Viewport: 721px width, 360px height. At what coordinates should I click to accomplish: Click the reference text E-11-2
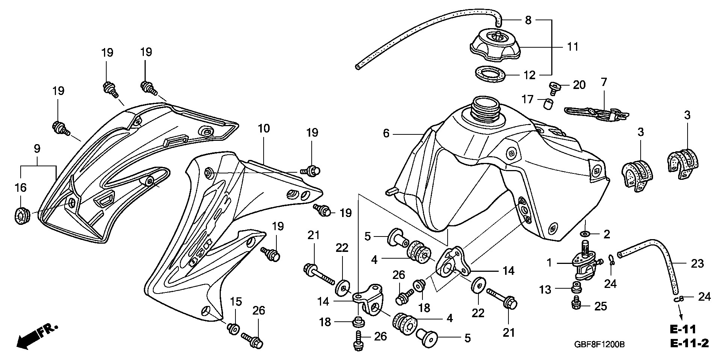(x=689, y=343)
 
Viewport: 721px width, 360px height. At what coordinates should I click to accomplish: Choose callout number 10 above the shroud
(x=264, y=129)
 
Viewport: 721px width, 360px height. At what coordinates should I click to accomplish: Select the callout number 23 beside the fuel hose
(x=697, y=264)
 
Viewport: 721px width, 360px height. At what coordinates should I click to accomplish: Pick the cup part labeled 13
(x=575, y=289)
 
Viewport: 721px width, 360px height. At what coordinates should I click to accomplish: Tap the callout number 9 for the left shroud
(x=37, y=148)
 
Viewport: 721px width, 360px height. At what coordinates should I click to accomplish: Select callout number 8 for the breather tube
(x=528, y=20)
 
